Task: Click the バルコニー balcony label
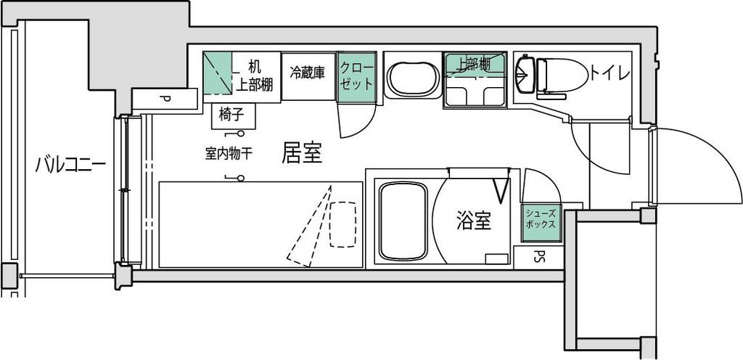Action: point(70,165)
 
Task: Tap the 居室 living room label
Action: point(302,152)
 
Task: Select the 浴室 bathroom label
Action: point(473,221)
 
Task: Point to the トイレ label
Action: point(609,73)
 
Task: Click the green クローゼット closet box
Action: point(356,77)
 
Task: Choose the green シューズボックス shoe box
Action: point(541,223)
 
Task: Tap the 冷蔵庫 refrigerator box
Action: point(308,75)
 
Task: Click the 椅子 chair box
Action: point(233,116)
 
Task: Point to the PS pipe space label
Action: point(538,256)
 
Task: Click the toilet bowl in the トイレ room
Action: point(562,75)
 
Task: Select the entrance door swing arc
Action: point(721,155)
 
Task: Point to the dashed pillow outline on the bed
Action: point(343,224)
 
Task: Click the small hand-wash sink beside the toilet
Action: point(525,74)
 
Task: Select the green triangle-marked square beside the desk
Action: point(218,73)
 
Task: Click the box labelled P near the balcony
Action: point(165,99)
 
